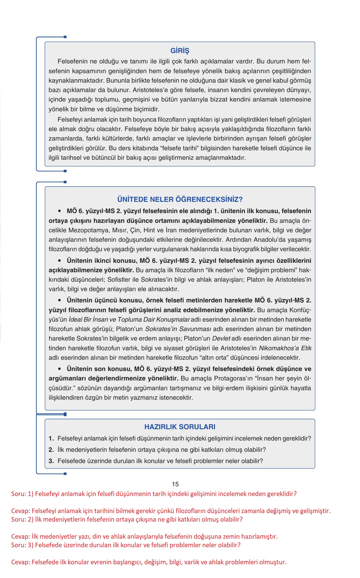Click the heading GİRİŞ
coord(180,51)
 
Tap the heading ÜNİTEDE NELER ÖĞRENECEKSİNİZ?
coord(180,199)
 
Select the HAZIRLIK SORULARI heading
coord(180,427)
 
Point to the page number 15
coord(175,484)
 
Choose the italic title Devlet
coord(221,338)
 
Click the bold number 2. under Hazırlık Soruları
coord(51,450)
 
